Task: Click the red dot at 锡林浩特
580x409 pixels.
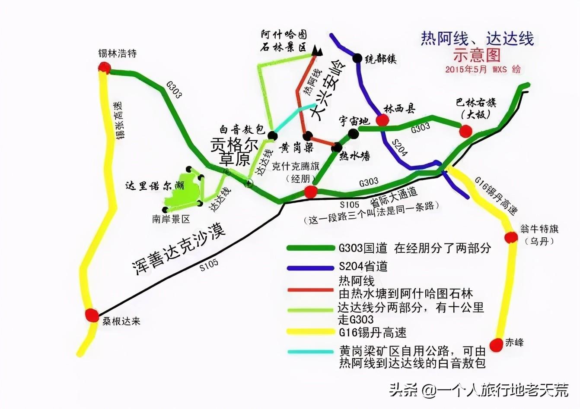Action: coord(104,67)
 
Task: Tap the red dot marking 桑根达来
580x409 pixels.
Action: coord(92,315)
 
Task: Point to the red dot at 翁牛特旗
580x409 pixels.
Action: coord(511,237)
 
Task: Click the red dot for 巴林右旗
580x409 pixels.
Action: coord(465,131)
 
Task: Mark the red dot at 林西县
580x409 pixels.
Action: coord(382,120)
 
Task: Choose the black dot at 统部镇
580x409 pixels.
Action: coord(357,58)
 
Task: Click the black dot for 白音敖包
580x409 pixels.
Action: coord(272,135)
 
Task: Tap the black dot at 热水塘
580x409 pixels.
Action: coord(336,148)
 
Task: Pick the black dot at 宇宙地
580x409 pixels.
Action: coord(354,134)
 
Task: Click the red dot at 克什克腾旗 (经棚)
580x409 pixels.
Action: coord(310,192)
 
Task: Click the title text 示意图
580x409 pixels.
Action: coord(477,55)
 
